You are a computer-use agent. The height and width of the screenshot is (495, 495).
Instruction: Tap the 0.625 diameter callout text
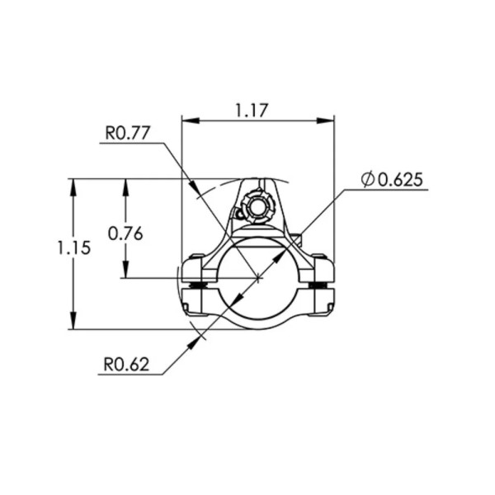pyautogui.click(x=399, y=179)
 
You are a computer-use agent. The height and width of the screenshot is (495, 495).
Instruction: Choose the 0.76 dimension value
pyautogui.click(x=125, y=233)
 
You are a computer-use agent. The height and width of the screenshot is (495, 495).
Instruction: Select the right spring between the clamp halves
pyautogui.click(x=320, y=286)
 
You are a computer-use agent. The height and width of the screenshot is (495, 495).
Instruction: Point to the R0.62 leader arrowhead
pyautogui.click(x=200, y=336)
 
